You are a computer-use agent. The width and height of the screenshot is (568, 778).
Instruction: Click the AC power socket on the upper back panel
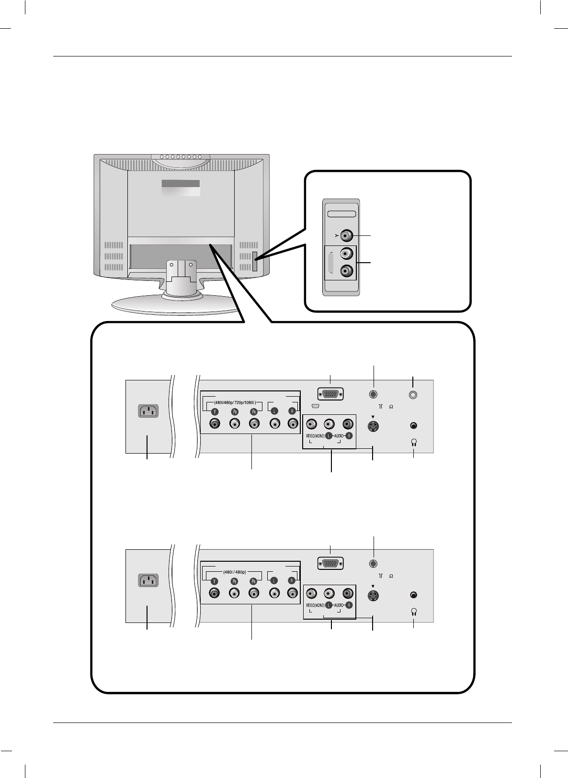148,411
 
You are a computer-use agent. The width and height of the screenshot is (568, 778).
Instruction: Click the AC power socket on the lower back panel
148,580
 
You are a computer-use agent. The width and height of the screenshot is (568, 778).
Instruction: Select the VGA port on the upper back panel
330,394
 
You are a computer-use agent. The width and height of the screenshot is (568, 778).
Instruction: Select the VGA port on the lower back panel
330,564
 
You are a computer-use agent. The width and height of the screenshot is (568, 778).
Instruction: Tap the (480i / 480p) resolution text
234,572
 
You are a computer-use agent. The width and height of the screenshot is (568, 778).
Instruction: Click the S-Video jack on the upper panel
373,426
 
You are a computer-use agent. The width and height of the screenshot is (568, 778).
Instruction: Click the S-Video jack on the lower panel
373,596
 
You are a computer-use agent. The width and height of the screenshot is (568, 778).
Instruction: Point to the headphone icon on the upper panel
414,442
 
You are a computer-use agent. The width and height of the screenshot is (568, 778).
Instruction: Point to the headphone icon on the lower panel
414,611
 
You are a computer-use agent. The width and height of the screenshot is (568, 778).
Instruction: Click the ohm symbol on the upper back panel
391,407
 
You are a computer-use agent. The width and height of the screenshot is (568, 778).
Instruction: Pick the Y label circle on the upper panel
215,411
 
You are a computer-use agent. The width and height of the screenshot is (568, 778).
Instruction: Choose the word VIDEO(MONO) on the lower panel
315,605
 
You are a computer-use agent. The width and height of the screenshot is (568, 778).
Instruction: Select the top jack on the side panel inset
347,235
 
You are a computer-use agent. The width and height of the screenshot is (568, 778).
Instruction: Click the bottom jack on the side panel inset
347,271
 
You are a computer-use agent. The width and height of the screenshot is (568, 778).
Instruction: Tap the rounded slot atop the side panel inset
341,214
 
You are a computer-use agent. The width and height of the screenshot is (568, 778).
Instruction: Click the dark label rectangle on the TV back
181,184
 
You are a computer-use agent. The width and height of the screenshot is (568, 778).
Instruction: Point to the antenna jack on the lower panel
374,564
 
